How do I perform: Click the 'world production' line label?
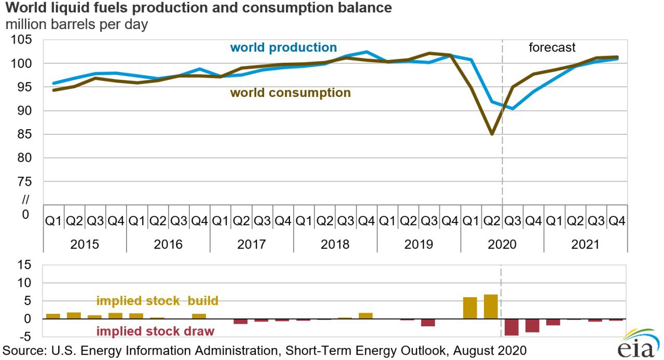pos(283,48)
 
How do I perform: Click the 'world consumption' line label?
pos(290,93)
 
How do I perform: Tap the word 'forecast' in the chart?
pos(552,48)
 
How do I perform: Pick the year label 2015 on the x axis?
pos(85,244)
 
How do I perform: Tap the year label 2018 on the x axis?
pos(335,244)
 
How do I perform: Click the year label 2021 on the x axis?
pos(585,244)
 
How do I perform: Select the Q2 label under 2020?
pos(491,221)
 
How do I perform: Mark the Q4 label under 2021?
pos(616,221)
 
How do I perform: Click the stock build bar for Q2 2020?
pos(491,307)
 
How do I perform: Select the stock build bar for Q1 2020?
pos(470,308)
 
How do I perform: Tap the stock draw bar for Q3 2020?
pos(511,327)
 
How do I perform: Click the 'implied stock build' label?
pos(157,301)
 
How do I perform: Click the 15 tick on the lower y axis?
pos(25,265)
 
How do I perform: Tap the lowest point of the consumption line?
pos(491,134)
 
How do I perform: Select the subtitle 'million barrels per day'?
pos(77,24)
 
